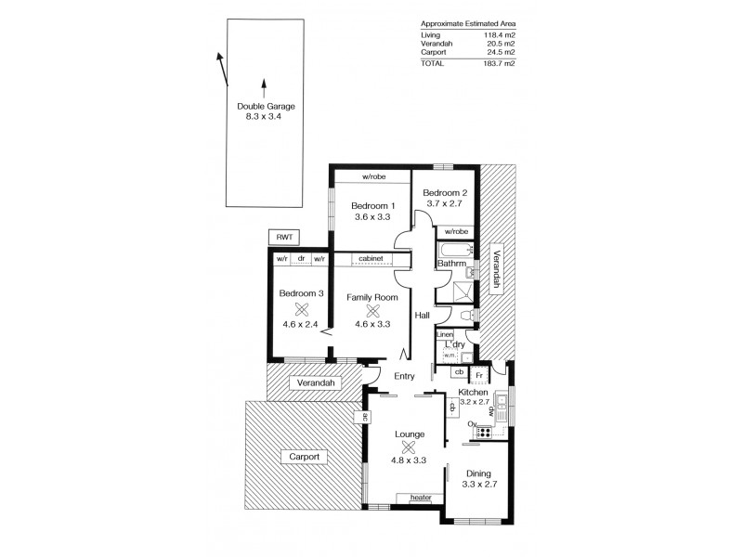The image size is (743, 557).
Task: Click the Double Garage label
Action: pos(264,107)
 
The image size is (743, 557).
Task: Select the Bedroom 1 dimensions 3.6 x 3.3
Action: pos(371,216)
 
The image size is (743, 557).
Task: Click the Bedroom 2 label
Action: pos(446,193)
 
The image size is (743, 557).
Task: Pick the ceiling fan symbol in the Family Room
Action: pos(371,311)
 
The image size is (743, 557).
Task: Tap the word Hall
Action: pos(422,316)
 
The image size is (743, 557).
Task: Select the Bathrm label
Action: pos(451,265)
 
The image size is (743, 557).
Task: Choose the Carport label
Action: pos(304,457)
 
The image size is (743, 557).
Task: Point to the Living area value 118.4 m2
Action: pos(500,34)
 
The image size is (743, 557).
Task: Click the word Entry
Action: pos(404,376)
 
